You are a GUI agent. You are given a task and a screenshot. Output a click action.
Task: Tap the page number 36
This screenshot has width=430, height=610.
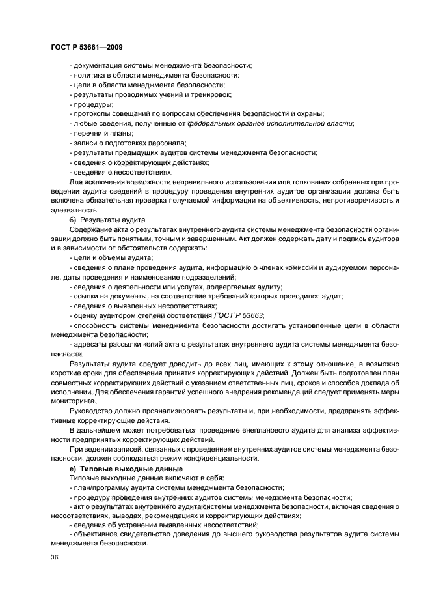pos(54,559)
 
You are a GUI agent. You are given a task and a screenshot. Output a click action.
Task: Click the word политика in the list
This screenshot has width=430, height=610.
pos(88,76)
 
